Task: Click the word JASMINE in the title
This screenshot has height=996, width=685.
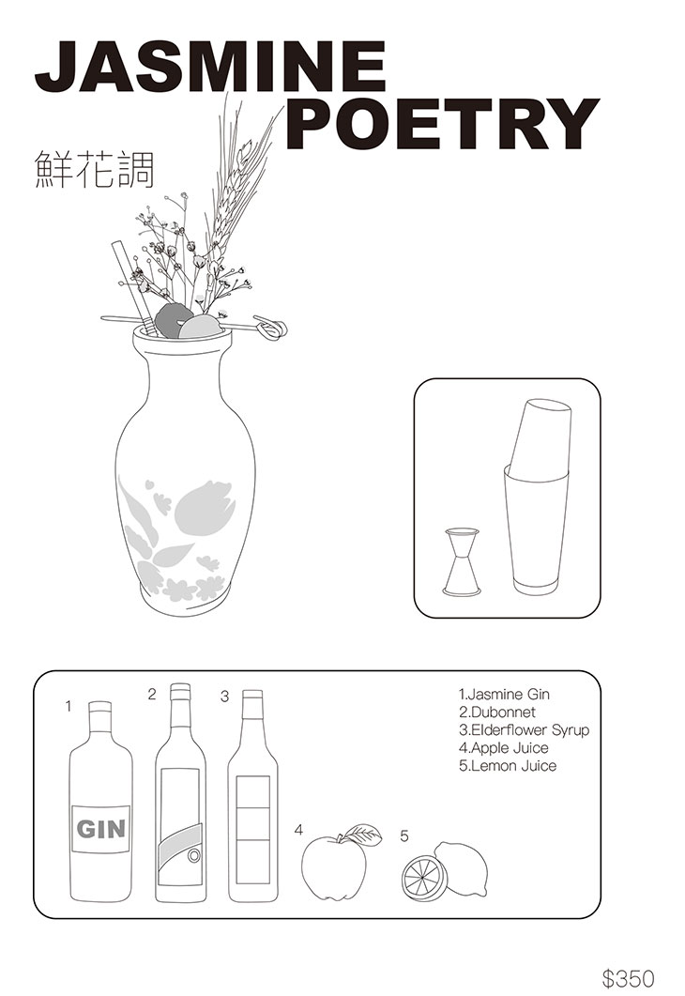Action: (210, 66)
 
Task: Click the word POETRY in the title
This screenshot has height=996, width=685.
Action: (443, 123)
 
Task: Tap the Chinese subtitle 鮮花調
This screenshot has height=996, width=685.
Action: (94, 169)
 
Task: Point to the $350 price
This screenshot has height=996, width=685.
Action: (627, 977)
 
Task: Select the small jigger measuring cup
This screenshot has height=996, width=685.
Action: (462, 561)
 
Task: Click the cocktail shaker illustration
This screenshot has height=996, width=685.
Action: (539, 497)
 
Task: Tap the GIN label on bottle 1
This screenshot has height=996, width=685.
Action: (101, 829)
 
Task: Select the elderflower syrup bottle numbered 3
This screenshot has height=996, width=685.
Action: (252, 796)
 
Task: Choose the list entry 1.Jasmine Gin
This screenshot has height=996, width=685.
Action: (504, 695)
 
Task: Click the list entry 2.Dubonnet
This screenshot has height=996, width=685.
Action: (497, 713)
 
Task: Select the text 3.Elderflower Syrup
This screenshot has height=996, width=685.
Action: (524, 729)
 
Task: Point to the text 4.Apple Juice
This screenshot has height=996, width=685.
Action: (504, 747)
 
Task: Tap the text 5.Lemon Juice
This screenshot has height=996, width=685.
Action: (508, 765)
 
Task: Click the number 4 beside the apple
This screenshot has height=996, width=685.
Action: (298, 830)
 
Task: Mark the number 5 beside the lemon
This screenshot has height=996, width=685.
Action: (404, 835)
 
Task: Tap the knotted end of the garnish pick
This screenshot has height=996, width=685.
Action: (272, 327)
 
